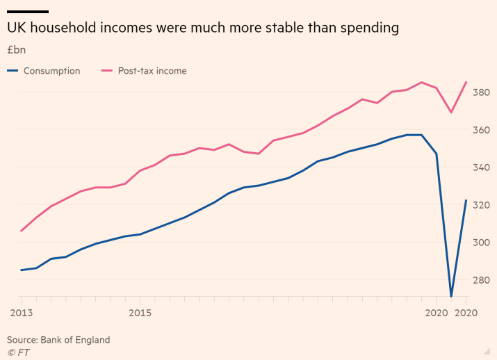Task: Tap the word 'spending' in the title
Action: [x=370, y=28]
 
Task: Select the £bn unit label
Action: [x=17, y=50]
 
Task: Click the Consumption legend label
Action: [x=51, y=71]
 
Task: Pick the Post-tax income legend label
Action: [x=152, y=71]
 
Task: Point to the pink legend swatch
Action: [x=107, y=70]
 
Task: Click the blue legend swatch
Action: [x=13, y=70]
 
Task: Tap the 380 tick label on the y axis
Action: [x=481, y=92]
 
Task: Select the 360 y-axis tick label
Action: [x=481, y=130]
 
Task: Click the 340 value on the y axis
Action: [x=481, y=167]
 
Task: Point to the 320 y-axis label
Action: [x=481, y=205]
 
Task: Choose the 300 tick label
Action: [x=481, y=243]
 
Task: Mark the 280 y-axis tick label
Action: [x=481, y=280]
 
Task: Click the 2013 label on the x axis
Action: [x=22, y=313]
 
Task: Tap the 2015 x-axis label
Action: [x=140, y=313]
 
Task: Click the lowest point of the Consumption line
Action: [x=451, y=296]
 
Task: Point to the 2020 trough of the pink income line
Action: [x=451, y=113]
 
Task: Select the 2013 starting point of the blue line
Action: [x=22, y=270]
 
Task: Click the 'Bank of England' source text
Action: [x=75, y=340]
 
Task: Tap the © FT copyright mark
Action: [x=18, y=352]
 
